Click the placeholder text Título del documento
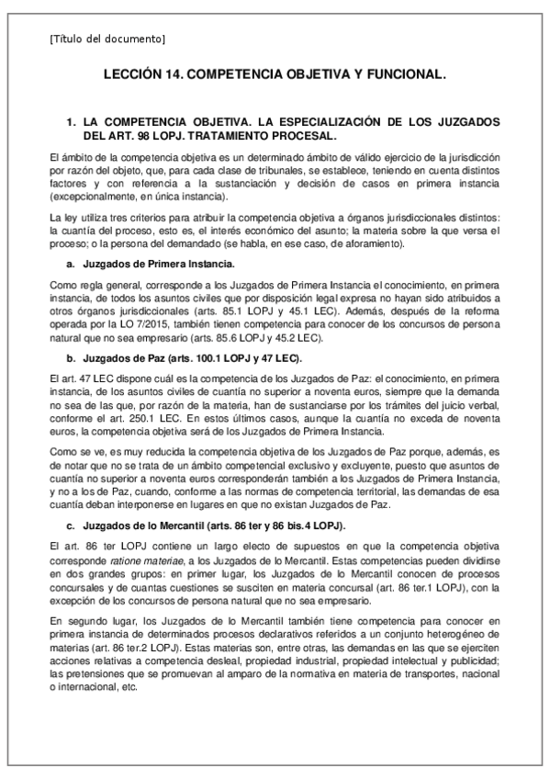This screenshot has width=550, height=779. pyautogui.click(x=107, y=39)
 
